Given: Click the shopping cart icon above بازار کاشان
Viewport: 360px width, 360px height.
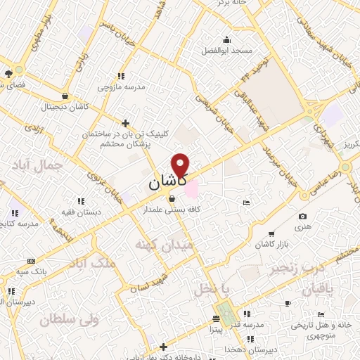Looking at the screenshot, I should coord(271,233).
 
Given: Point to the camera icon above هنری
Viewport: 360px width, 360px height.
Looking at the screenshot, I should coord(302,216).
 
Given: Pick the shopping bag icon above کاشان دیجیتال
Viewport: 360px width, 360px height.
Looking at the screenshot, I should coord(65,97).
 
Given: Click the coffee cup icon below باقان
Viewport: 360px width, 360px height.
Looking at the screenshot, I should coord(288,303).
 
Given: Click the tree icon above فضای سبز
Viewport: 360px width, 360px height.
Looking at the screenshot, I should coord(8,73).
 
